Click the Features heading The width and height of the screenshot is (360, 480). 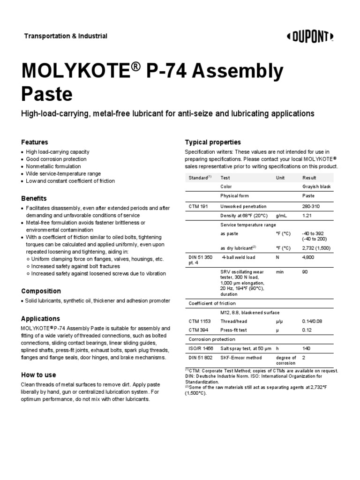35,142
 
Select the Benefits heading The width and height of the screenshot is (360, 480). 34,198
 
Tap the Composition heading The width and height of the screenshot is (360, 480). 41,291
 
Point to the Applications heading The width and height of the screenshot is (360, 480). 41,319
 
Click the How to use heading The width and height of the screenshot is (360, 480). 38,375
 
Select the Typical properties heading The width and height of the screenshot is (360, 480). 213,142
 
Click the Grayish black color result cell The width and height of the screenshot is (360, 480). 316,187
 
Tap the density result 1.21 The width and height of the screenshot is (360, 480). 307,216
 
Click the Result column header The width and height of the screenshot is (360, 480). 309,178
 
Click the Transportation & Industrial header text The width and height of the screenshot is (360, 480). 66,36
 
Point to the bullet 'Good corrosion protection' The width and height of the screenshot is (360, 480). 56,159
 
